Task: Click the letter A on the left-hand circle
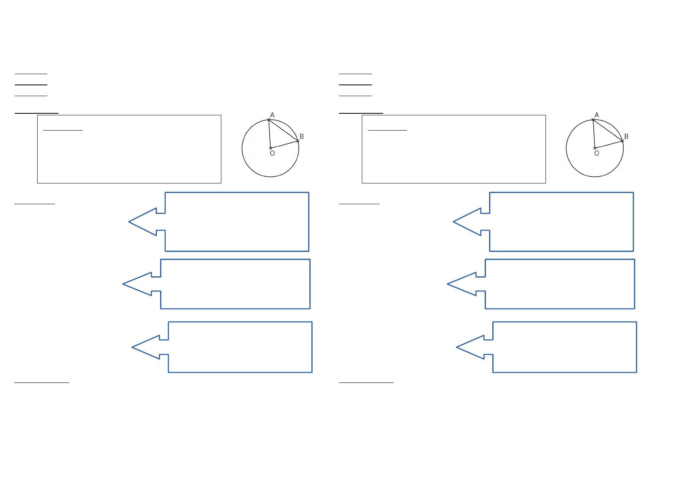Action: [272, 115]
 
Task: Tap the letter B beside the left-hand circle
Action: [302, 137]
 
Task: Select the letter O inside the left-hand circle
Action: [272, 153]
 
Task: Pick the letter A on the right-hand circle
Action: [597, 115]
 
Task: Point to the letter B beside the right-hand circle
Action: [626, 137]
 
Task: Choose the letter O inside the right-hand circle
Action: [597, 153]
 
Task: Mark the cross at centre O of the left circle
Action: [271, 148]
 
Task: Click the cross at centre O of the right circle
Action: [595, 148]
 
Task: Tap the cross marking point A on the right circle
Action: [593, 119]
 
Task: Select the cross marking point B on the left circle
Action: [298, 141]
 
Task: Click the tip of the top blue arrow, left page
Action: [129, 221]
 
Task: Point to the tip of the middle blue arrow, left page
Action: [123, 284]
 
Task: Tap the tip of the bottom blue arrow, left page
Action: [132, 347]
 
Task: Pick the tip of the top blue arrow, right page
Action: [454, 221]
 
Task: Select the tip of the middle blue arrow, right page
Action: [448, 284]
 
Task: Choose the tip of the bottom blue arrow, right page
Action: [457, 347]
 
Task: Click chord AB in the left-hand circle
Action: [283, 130]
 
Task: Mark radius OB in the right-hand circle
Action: [608, 145]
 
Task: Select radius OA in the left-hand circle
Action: [269, 134]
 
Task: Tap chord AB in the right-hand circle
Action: [608, 130]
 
